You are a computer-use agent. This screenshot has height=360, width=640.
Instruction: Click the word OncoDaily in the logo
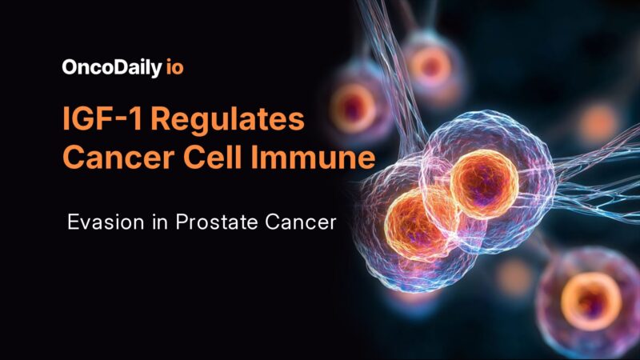113,67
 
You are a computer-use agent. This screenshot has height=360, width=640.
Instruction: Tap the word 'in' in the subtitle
148,222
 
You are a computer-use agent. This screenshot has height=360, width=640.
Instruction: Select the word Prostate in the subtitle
202,222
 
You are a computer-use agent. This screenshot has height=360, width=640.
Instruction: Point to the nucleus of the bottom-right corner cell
590,302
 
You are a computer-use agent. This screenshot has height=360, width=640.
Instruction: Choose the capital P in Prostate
169,222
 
